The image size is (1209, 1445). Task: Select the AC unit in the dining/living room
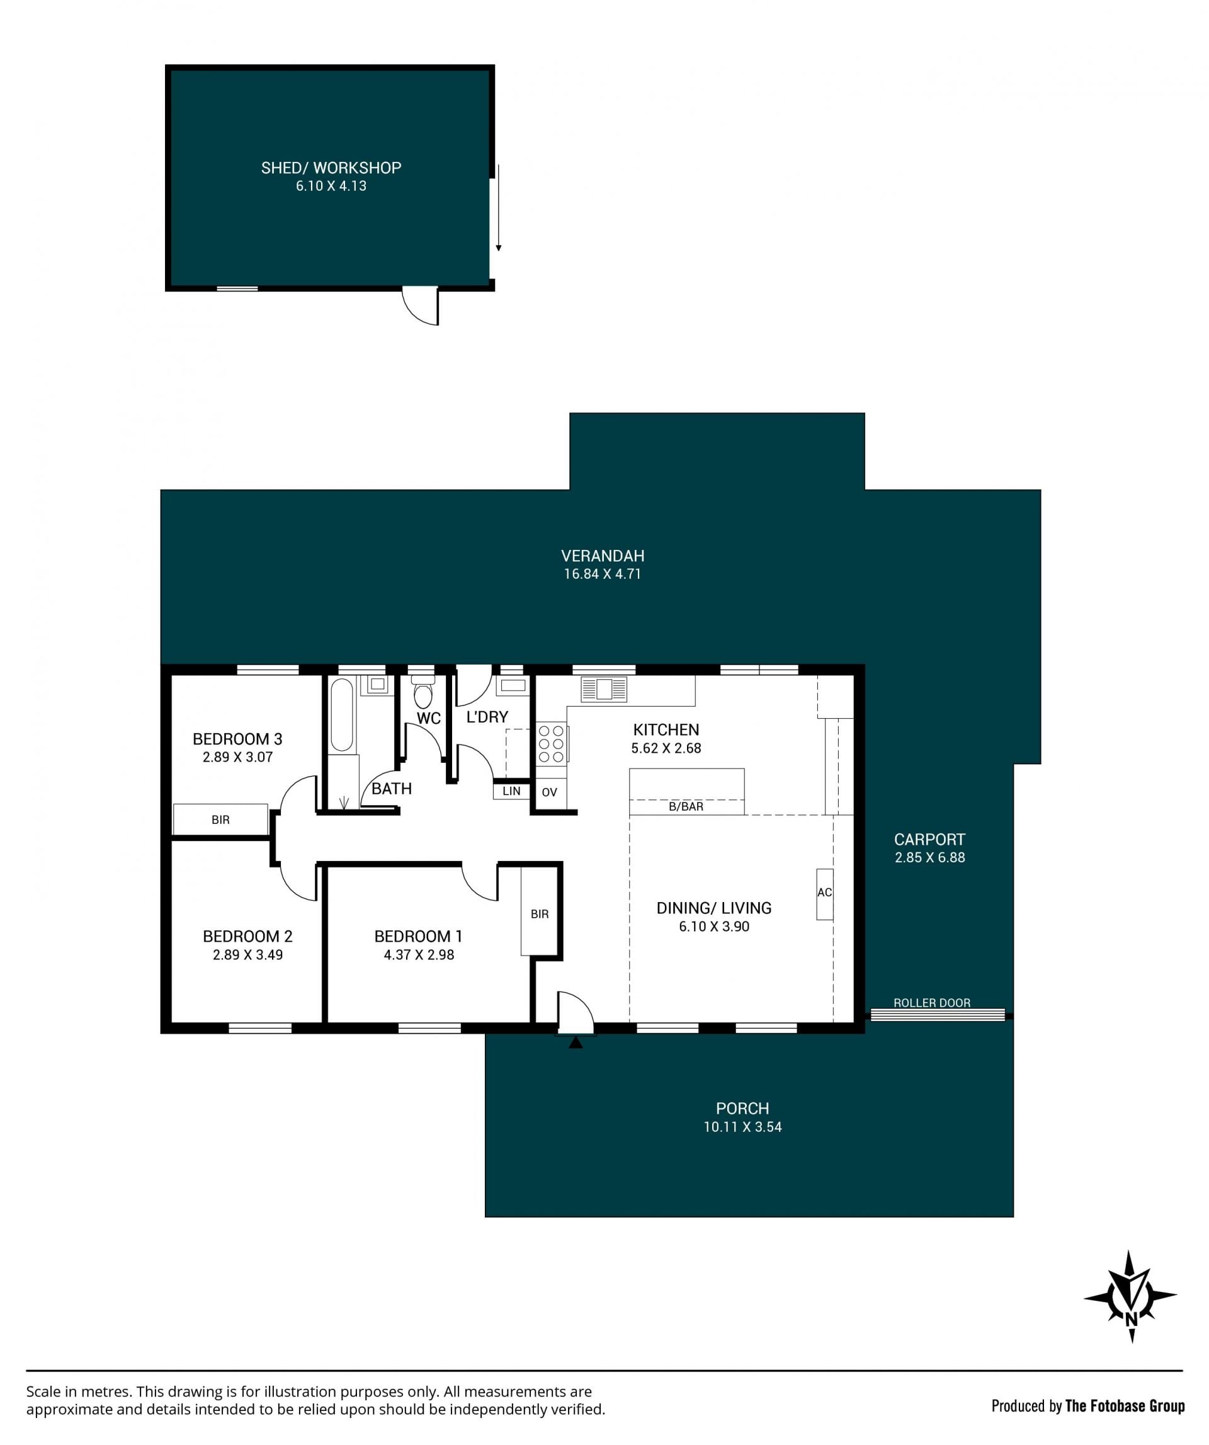point(824,894)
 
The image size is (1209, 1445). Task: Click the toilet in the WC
point(423,692)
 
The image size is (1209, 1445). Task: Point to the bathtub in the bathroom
point(341,715)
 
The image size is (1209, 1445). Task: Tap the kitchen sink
point(604,688)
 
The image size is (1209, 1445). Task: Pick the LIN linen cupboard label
point(511,791)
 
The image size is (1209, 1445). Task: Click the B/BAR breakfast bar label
point(686,806)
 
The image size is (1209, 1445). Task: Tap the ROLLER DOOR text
point(932,1003)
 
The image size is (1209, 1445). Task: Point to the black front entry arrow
point(576,1043)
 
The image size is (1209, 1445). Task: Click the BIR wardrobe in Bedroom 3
point(220,819)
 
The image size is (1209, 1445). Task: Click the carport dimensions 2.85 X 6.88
point(930,857)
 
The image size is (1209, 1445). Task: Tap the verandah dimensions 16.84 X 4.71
point(603,574)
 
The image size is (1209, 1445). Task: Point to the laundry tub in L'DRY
point(513,685)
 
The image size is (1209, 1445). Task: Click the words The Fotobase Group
point(1125,1406)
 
